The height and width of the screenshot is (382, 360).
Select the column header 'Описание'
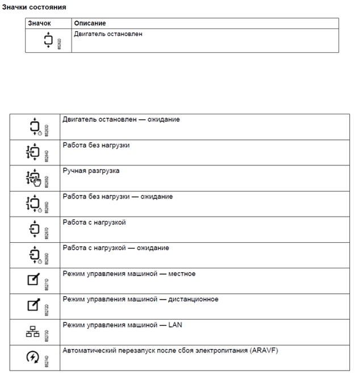[x=90, y=23]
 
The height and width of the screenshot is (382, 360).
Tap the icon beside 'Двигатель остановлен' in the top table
[x=48, y=40]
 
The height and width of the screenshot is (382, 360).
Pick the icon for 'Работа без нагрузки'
[x=33, y=152]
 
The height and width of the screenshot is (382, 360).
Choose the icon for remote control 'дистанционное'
[x=34, y=306]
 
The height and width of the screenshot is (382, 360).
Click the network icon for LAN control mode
[x=33, y=331]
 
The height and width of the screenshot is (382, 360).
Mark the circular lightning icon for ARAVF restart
[x=34, y=357]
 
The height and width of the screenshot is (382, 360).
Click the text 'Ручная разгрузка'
[x=91, y=171]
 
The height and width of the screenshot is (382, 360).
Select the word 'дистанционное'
[x=190, y=299]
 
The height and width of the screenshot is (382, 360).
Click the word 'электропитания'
[x=221, y=350]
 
